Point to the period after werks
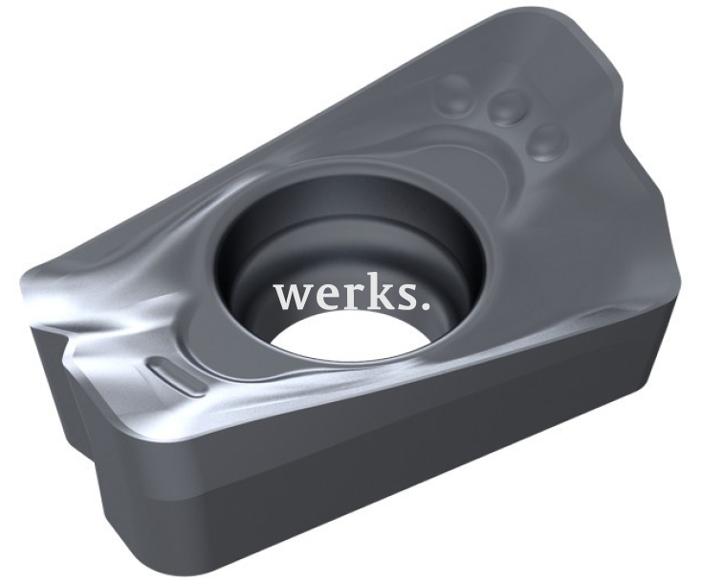422,307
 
